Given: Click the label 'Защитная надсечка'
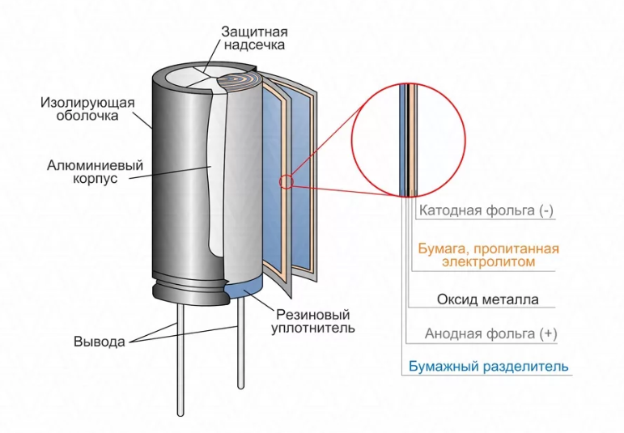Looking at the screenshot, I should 253,38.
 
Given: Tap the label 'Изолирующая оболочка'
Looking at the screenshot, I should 87,109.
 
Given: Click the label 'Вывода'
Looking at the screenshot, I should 100,341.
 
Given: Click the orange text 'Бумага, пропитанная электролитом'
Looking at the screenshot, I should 488,255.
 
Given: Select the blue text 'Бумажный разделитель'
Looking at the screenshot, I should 486,367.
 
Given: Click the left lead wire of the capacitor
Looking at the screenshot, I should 177,356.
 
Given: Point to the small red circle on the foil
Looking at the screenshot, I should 286,182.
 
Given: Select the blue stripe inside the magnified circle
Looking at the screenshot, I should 403,138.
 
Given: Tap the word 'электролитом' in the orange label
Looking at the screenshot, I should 488,262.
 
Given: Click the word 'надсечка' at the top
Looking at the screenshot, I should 253,45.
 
